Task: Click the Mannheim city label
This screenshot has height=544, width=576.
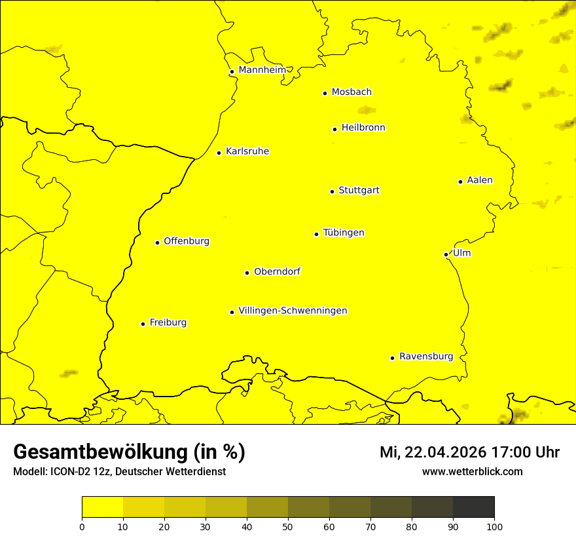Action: coord(262,70)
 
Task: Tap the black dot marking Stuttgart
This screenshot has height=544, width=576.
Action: coord(332,191)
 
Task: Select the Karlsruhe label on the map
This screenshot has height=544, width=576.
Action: coord(247,151)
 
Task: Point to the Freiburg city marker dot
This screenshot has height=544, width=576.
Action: coord(143,324)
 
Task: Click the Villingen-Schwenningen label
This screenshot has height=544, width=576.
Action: coord(293,311)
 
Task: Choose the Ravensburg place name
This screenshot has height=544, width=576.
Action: coord(425,357)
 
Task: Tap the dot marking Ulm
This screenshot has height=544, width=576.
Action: coord(446,254)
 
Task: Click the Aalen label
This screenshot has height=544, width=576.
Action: coord(479,180)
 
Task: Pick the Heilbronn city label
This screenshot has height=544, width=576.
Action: coord(363,128)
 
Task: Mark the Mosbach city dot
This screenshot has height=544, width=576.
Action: coord(325,93)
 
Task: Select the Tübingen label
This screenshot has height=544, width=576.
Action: coord(343,233)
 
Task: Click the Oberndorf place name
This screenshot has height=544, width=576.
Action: coord(277,271)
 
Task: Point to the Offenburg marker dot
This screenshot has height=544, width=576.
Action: coord(157,243)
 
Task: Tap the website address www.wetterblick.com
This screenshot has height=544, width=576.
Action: coord(472,471)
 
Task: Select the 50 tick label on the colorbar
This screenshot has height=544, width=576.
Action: coord(288,526)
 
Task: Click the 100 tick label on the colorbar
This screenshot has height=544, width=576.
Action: coord(494,526)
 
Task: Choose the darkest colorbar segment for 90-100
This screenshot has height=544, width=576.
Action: coord(473,507)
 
